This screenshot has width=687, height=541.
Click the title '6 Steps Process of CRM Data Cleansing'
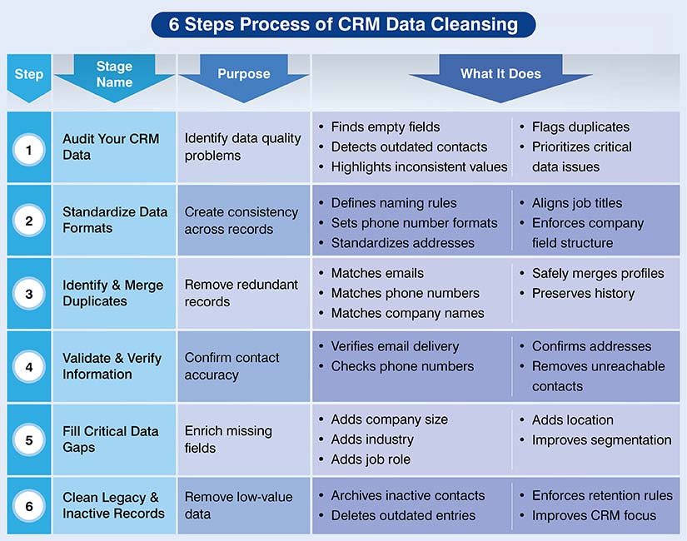click(x=343, y=24)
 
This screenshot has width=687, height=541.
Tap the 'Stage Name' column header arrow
click(x=114, y=74)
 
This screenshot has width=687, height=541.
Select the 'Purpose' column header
click(x=243, y=74)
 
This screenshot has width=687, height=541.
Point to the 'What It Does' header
click(x=500, y=74)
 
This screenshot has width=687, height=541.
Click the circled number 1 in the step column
click(x=29, y=150)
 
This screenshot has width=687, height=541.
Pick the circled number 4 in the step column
click(x=29, y=366)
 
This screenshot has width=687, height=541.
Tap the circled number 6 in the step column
click(x=29, y=505)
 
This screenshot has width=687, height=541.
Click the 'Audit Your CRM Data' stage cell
click(x=111, y=146)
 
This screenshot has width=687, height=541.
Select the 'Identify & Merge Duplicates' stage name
click(x=112, y=293)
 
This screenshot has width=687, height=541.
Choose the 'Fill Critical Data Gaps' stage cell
click(x=110, y=439)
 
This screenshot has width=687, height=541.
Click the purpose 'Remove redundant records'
click(x=241, y=293)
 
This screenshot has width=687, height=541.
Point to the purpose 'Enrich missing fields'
click(x=228, y=439)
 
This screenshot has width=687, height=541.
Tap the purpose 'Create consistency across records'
click(x=241, y=221)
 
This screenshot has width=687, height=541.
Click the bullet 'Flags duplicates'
click(x=580, y=127)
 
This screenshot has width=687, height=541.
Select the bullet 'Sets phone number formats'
click(x=414, y=223)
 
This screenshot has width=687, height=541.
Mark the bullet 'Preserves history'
click(x=583, y=293)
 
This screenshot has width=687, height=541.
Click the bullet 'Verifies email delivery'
click(x=395, y=346)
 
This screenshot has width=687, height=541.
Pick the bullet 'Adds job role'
click(x=371, y=459)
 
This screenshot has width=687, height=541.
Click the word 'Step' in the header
click(x=28, y=74)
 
